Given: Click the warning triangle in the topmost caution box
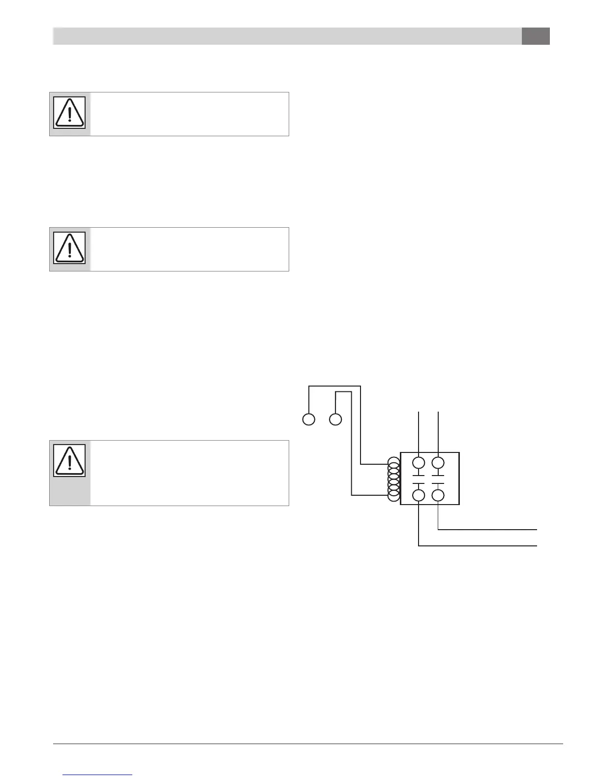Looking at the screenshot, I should pyautogui.click(x=69, y=113).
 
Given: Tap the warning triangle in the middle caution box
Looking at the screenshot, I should pyautogui.click(x=69, y=248).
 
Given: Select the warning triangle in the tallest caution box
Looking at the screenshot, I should pyautogui.click(x=69, y=461).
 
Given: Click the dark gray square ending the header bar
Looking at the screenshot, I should pyautogui.click(x=536, y=36).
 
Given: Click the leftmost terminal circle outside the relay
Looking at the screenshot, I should pyautogui.click(x=308, y=420).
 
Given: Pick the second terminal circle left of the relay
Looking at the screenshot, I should pyautogui.click(x=335, y=420).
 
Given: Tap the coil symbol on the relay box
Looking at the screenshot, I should pyautogui.click(x=393, y=479).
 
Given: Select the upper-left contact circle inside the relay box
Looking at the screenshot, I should pyautogui.click(x=419, y=463).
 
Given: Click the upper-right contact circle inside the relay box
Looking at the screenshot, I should pyautogui.click(x=438, y=463).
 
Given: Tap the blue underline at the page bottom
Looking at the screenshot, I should pyautogui.click(x=98, y=775).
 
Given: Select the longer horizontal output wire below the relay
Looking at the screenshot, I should pyautogui.click(x=477, y=545).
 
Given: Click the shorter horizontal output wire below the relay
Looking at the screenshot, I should pyautogui.click(x=487, y=530).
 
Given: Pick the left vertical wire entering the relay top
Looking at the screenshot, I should pyautogui.click(x=419, y=431).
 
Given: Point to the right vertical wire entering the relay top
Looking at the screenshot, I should pyautogui.click(x=438, y=431).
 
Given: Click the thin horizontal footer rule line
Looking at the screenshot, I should pyautogui.click(x=308, y=744).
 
